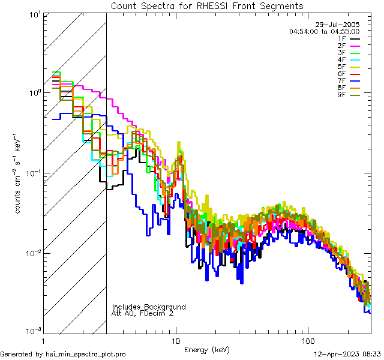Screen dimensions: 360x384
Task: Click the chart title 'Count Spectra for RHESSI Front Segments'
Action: pyautogui.click(x=207, y=6)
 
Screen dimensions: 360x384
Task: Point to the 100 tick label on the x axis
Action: pyautogui.click(x=307, y=341)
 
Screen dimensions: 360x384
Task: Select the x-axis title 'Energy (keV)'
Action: pyautogui.click(x=207, y=350)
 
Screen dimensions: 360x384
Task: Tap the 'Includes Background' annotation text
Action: pyautogui.click(x=148, y=307)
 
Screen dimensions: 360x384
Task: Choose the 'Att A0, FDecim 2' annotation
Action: pyautogui.click(x=143, y=313)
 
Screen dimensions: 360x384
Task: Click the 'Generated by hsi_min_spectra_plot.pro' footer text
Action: pyautogui.click(x=63, y=355)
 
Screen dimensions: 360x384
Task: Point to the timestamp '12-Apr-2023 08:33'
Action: pyautogui.click(x=347, y=355)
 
